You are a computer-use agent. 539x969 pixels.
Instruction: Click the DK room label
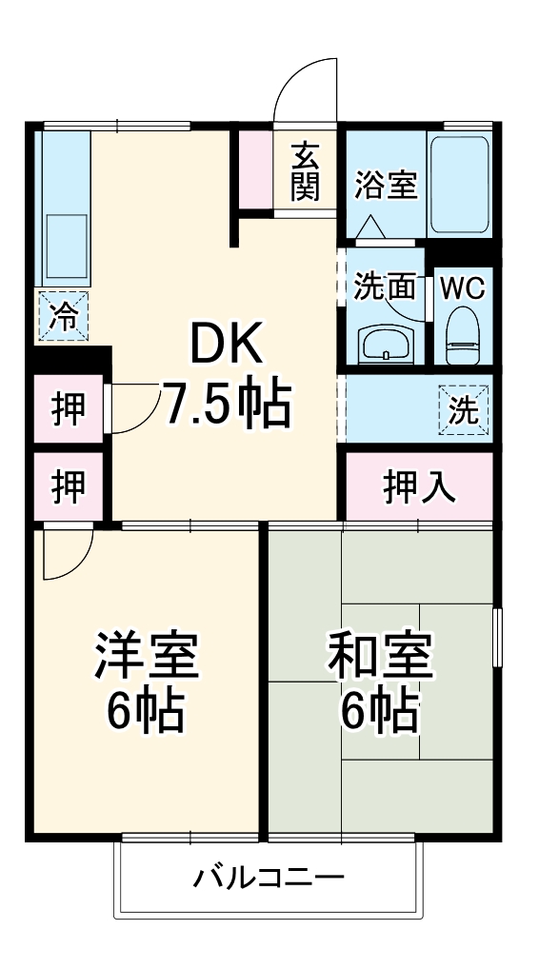[x=227, y=346]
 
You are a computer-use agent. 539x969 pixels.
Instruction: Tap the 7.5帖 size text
[x=227, y=405]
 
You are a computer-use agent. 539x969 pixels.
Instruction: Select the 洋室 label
[x=146, y=656]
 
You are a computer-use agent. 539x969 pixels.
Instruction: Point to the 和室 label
[x=380, y=656]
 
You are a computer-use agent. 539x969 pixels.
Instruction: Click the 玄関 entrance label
[x=305, y=171]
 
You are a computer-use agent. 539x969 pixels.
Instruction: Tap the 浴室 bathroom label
[x=386, y=186]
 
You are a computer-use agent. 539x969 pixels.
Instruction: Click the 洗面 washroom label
[x=386, y=287]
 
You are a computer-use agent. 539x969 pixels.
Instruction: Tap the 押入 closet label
[x=419, y=487]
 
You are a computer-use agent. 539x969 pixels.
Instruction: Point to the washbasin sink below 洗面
[x=386, y=344]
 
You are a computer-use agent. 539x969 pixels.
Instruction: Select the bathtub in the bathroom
[x=459, y=184]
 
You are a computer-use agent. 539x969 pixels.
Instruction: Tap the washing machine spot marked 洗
[x=463, y=410]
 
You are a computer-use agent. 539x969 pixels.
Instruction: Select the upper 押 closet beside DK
[x=68, y=410]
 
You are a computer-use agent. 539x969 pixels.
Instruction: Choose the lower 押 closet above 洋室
[x=68, y=487]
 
